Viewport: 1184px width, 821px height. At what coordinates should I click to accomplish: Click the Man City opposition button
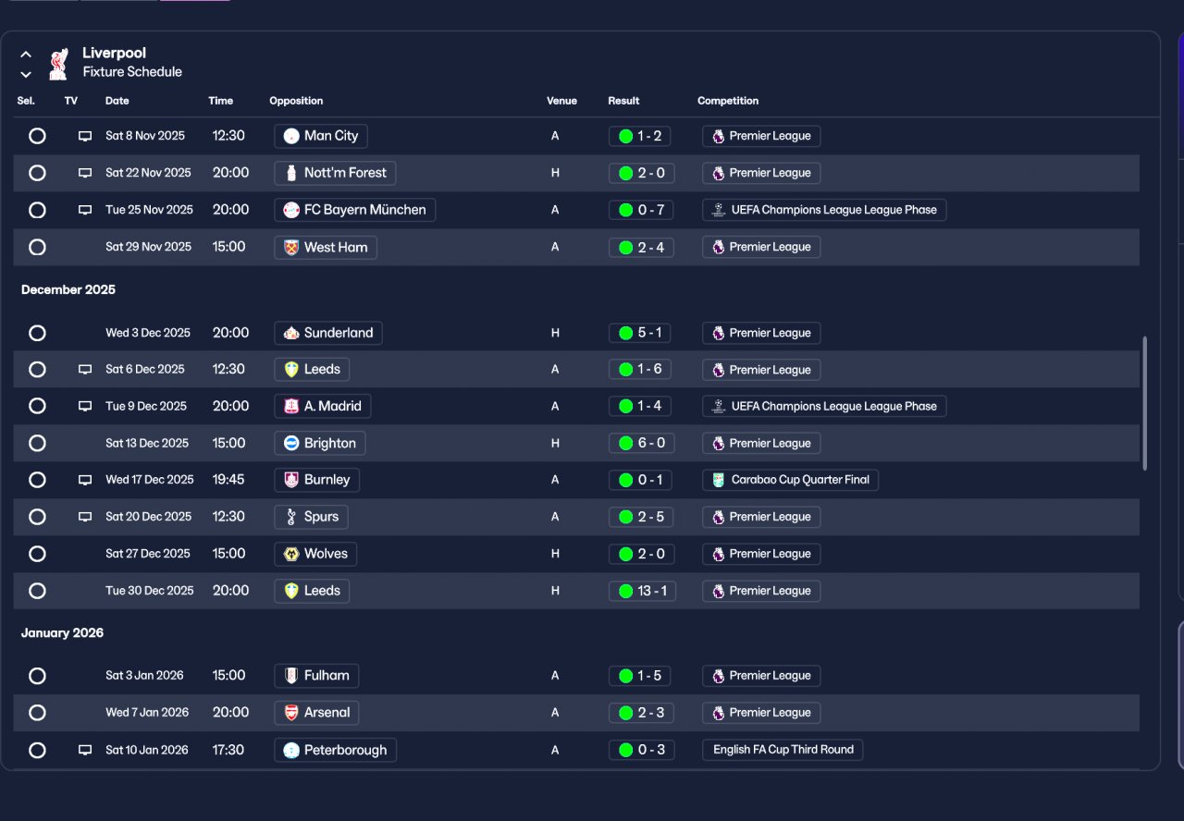point(321,136)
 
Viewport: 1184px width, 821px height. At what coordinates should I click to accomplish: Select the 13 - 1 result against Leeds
point(642,591)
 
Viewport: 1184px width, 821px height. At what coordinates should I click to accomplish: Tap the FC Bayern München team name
point(355,210)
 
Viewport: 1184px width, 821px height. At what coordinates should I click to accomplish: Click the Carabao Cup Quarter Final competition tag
point(790,480)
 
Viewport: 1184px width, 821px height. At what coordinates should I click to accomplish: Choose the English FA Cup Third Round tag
point(783,750)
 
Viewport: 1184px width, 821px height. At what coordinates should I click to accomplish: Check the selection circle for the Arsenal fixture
point(37,713)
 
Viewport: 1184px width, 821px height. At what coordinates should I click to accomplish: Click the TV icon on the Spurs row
point(85,517)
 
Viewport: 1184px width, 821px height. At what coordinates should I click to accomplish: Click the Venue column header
point(561,101)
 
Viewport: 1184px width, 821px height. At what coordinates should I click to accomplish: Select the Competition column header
point(728,101)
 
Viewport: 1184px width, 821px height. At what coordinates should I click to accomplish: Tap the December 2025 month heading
point(68,289)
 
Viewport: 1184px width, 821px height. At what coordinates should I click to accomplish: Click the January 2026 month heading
point(63,633)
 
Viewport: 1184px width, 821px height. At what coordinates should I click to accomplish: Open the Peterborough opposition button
point(336,750)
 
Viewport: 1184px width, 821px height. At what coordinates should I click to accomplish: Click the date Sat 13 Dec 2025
point(147,443)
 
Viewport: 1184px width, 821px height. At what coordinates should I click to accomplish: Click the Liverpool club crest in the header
point(58,63)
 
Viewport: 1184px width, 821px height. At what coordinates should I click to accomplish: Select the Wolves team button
point(315,554)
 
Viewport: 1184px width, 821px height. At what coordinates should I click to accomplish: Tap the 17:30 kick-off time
point(228,750)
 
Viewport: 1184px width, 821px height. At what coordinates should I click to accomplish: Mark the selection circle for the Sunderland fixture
point(37,333)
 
